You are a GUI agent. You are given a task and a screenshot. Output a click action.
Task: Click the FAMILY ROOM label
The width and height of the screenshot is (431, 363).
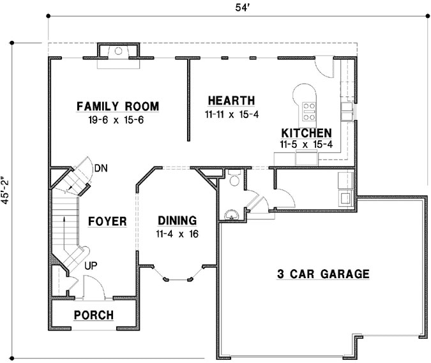pyautogui.click(x=117, y=106)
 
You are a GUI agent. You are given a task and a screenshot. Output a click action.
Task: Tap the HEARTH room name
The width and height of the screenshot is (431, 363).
pyautogui.click(x=231, y=100)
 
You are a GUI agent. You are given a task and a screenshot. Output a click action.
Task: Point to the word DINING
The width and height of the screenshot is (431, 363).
pyautogui.click(x=177, y=221)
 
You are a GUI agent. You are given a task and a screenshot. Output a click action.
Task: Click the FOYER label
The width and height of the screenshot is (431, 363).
pyautogui.click(x=107, y=221)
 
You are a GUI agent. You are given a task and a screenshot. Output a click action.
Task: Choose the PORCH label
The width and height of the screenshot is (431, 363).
pyautogui.click(x=94, y=315)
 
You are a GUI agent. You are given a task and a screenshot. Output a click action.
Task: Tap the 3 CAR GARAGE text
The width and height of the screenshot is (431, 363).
pyautogui.click(x=323, y=274)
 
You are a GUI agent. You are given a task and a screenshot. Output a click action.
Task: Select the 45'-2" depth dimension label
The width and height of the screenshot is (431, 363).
pyautogui.click(x=7, y=190)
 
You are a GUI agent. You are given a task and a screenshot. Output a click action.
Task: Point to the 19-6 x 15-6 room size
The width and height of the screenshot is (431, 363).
pyautogui.click(x=117, y=119)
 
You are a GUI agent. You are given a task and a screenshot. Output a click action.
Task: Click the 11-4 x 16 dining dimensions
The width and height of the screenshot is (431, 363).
pyautogui.click(x=177, y=234)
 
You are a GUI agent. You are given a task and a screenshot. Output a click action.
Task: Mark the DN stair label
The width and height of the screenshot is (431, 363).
pyautogui.click(x=100, y=168)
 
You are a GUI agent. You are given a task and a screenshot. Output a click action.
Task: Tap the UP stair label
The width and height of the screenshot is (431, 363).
pyautogui.click(x=91, y=264)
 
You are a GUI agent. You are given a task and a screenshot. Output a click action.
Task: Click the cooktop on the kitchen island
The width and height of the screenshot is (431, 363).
pyautogui.click(x=309, y=111)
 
